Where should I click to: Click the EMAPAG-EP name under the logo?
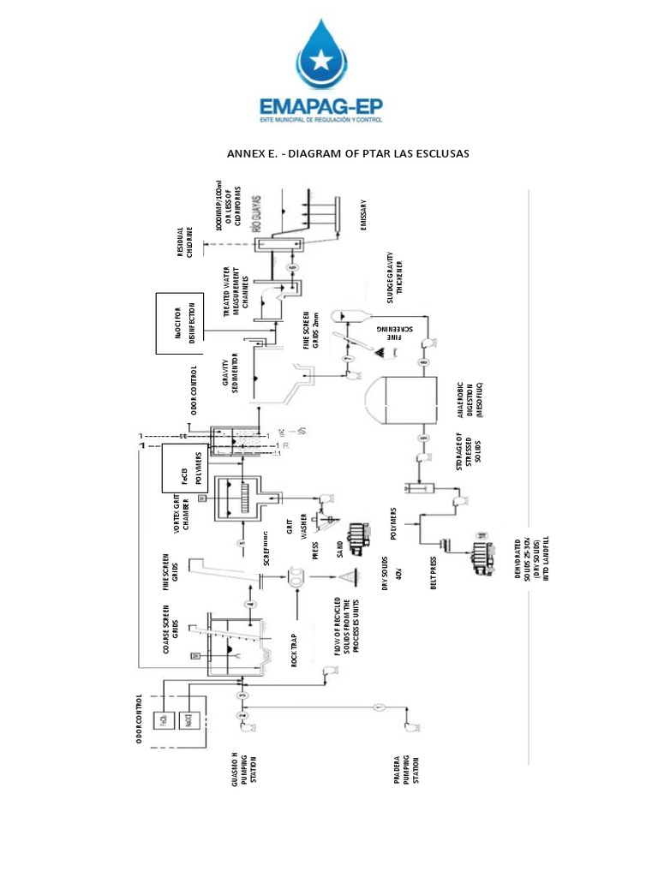(328, 107)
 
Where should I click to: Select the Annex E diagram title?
(348, 153)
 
